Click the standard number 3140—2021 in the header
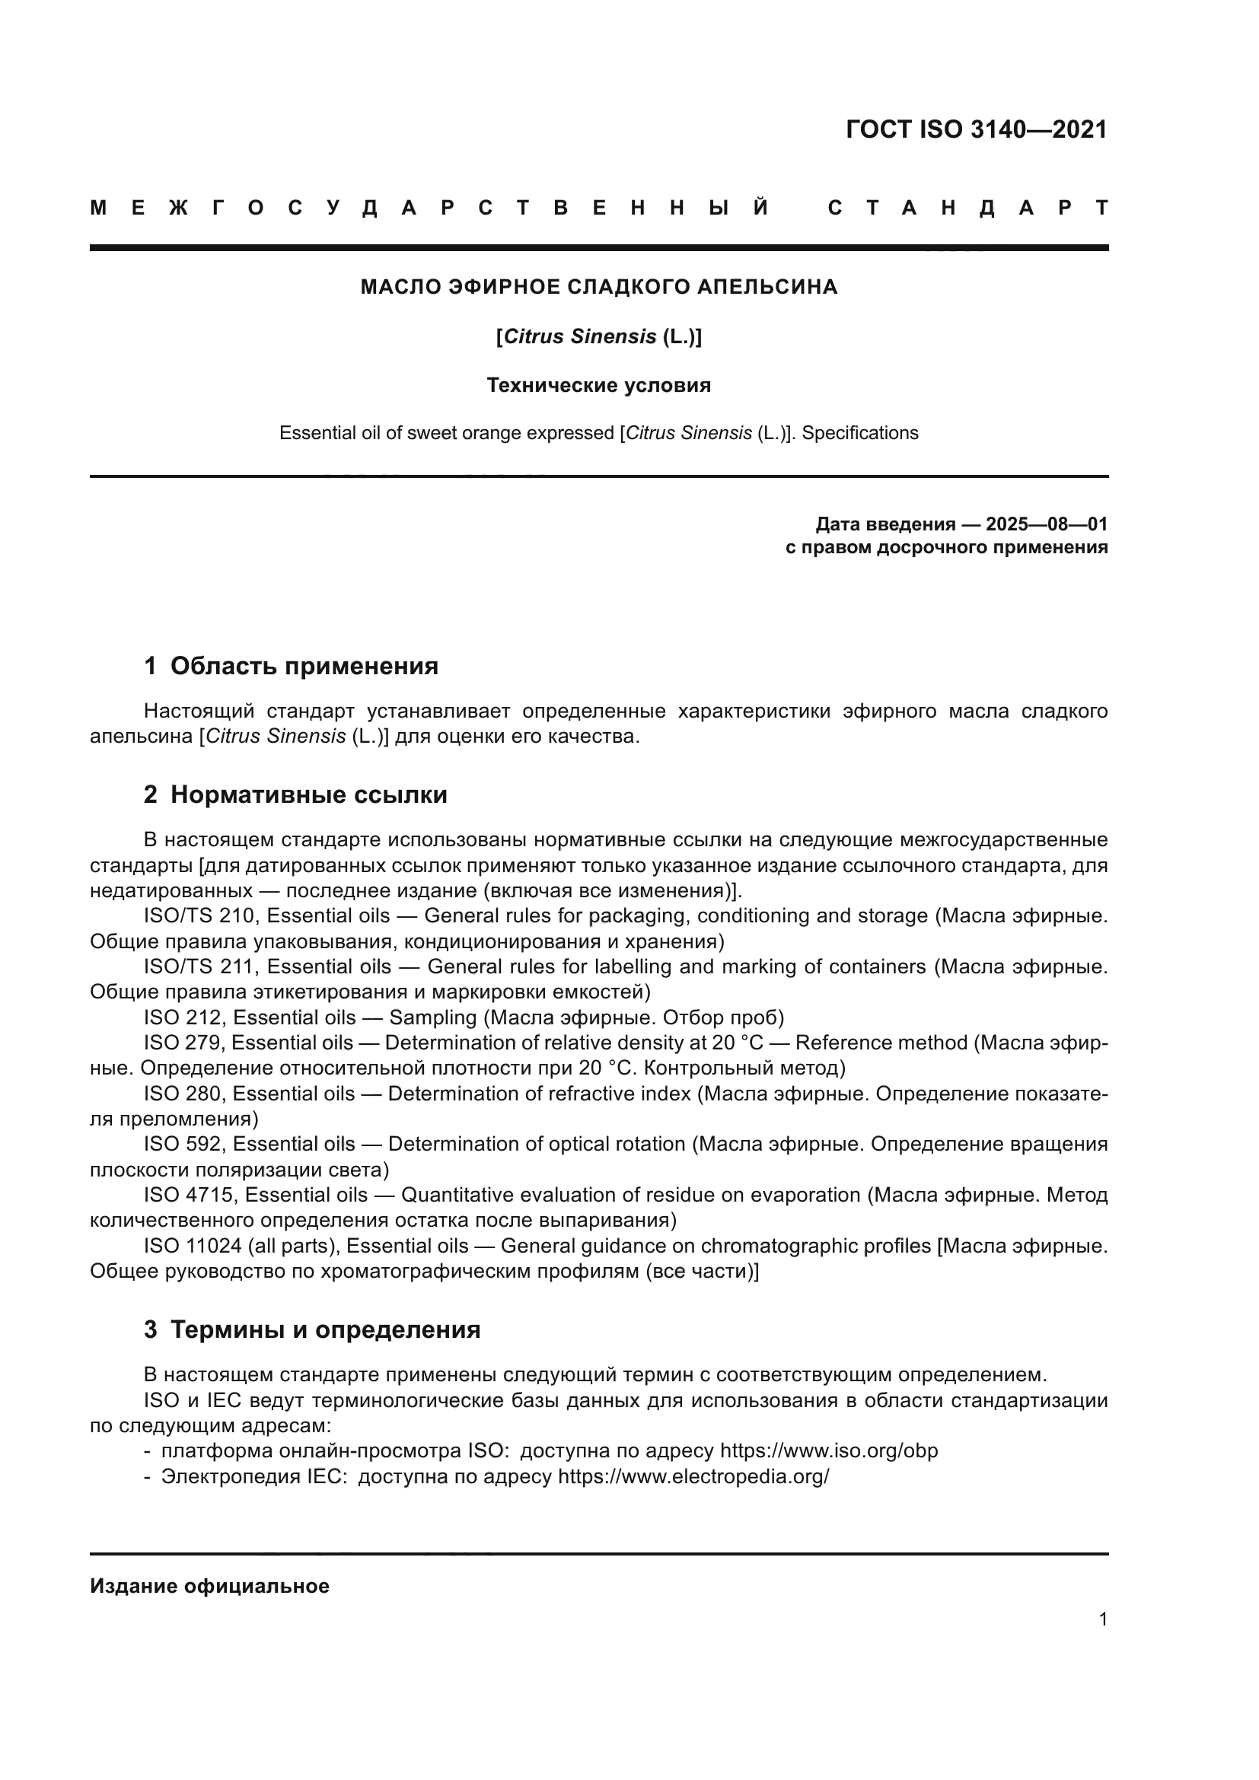pos(1039,129)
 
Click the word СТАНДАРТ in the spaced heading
pos(968,208)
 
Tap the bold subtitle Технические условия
pos(598,385)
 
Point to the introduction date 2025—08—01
pos(1047,524)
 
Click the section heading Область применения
pos(304,666)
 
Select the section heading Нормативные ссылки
pos(308,794)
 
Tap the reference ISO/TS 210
pos(199,916)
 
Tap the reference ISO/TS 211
pos(199,966)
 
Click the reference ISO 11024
pos(194,1246)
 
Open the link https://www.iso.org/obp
pos(829,1451)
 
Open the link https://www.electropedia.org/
pos(693,1477)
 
